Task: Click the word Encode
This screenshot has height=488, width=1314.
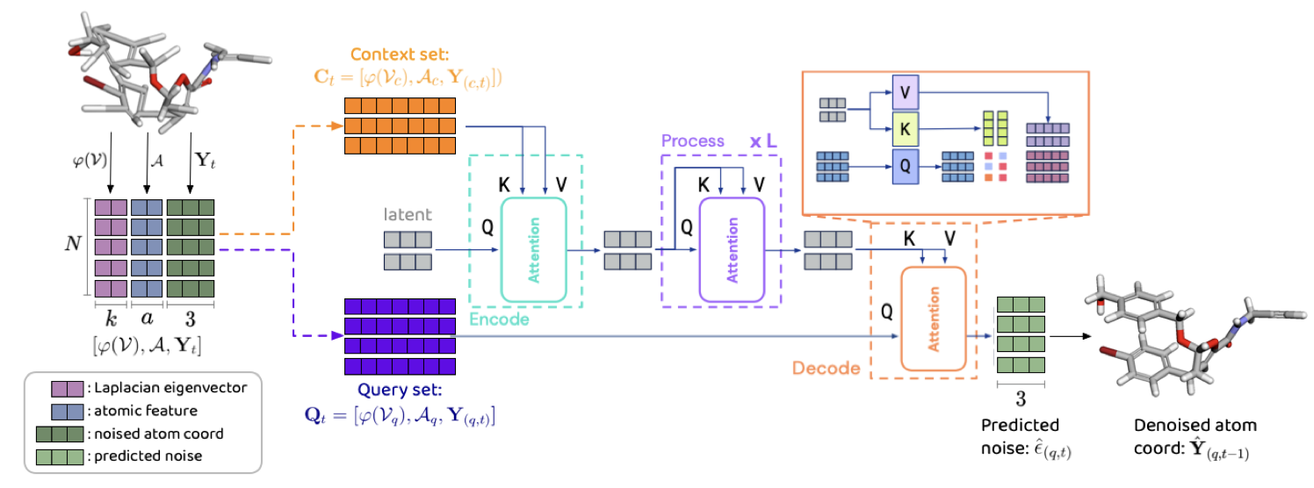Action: point(499,319)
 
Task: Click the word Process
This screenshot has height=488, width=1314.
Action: point(695,141)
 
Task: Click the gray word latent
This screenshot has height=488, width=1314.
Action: point(408,213)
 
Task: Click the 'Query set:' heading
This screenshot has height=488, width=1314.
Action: point(399,392)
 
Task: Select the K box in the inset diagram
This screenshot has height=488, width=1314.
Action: point(906,128)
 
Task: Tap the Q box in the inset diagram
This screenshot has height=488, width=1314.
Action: point(906,164)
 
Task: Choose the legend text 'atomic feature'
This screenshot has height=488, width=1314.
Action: point(148,410)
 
